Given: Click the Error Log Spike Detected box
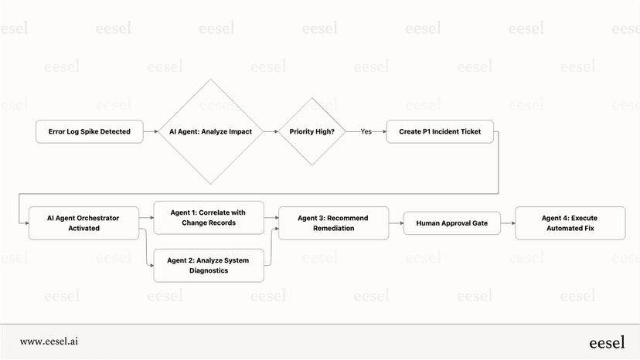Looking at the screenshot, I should coord(89,131).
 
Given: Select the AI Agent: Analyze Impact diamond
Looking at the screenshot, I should coord(211,131).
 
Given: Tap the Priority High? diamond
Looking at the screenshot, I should coord(312,131).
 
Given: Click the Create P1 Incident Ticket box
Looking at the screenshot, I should coord(440,131).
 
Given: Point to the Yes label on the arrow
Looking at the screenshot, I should coord(366,131).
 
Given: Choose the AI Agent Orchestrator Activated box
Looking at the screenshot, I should coord(83,223).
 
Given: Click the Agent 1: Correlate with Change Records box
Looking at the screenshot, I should coord(209,218).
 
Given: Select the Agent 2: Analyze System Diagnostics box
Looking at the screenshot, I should coord(209,265).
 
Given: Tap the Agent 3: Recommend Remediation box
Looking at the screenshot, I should coord(333,223).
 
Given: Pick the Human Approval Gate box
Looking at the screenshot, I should coord(452,223).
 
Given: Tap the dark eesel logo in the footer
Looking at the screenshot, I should coord(607,341).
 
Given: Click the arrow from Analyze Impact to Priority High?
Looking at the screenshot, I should coord(271,131).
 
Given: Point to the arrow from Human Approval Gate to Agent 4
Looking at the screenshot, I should coord(508,223).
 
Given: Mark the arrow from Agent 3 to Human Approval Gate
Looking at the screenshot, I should coord(397,223).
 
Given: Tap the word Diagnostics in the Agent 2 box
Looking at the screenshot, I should coord(209,270).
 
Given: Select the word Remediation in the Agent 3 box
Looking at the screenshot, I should coord(333,229).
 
